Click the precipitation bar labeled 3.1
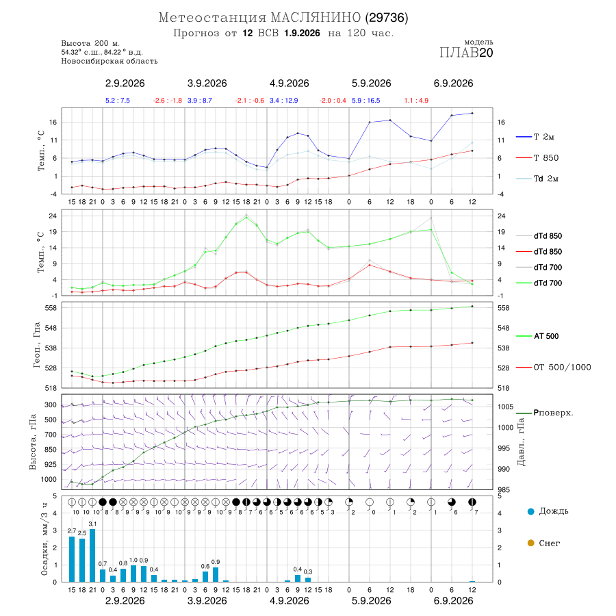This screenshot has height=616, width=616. pos(92,555)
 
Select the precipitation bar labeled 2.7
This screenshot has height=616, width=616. pos(72,559)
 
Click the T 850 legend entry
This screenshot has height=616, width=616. pos(537,158)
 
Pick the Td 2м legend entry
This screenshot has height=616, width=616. pos(537,179)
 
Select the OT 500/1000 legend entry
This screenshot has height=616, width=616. pos(554,368)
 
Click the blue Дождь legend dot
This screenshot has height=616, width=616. pos(530,511)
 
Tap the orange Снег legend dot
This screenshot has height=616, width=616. pos(530,543)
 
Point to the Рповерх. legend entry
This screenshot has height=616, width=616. pos(545,413)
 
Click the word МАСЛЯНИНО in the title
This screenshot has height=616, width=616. pos(316,18)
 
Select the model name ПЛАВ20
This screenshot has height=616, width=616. pos(466,53)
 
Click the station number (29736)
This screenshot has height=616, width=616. pos(387,18)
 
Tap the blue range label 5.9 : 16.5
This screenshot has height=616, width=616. pos(365,101)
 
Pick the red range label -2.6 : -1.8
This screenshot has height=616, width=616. pos(168,101)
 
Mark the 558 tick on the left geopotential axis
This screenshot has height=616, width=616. pos(51,308)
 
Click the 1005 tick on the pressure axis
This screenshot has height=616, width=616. pos(506,407)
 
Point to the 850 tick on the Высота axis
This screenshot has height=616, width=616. pos(50,450)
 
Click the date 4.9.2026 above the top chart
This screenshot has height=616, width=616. pos(289,84)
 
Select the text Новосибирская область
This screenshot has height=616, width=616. pos(110,61)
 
